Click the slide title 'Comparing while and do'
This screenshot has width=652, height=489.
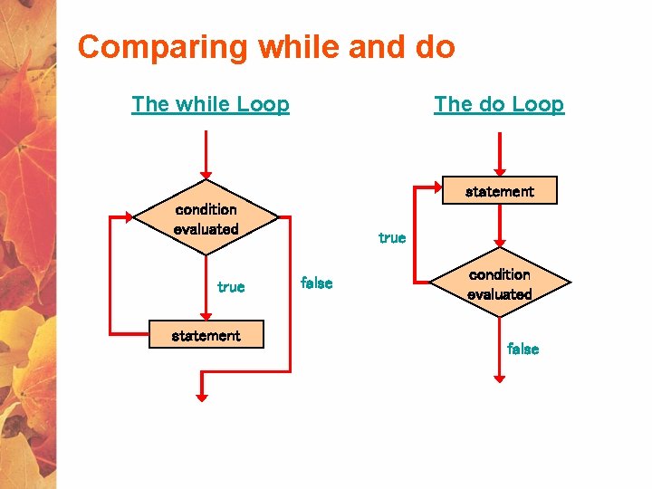[x=266, y=46]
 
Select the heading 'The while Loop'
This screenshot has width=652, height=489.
[x=210, y=104]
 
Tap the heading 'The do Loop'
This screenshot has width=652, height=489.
[x=499, y=104]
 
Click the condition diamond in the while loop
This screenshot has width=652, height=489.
[x=206, y=219]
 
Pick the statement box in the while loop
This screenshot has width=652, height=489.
[x=206, y=335]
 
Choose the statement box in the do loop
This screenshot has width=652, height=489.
[x=499, y=191]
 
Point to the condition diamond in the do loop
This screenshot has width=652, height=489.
[x=499, y=283]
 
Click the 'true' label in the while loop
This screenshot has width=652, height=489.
[x=231, y=287]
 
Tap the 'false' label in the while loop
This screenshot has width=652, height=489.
[x=316, y=283]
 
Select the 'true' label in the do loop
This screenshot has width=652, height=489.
[x=392, y=238]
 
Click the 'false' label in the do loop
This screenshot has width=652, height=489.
[x=523, y=349]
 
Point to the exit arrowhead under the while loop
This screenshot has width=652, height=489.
[x=202, y=396]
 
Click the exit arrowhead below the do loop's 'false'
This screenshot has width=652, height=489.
[x=499, y=378]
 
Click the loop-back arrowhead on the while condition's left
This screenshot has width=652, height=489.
[x=129, y=218]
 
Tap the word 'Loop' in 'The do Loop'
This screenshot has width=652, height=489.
[x=537, y=104]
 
